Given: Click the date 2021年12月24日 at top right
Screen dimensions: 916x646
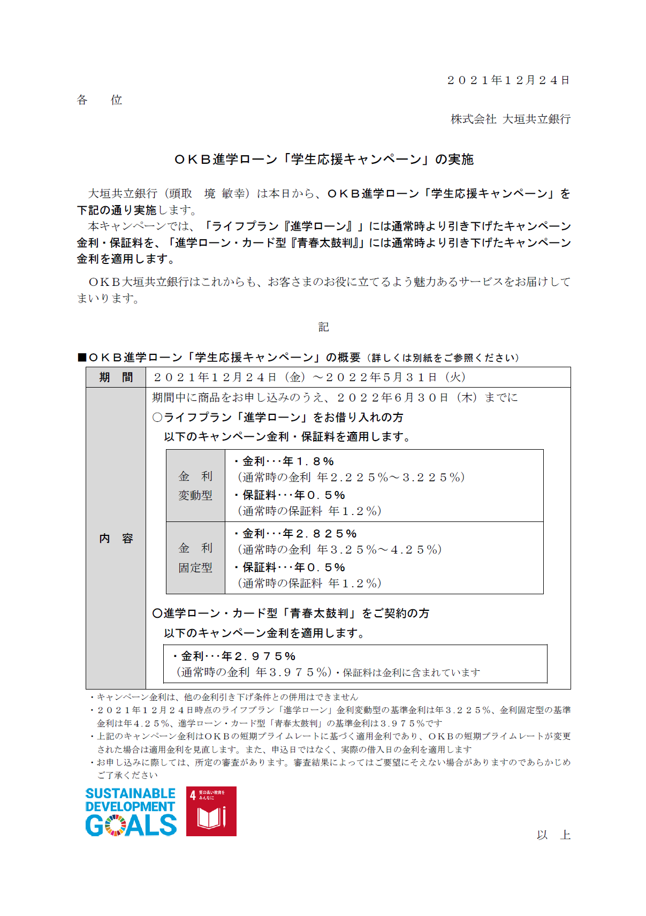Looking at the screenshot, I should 508,80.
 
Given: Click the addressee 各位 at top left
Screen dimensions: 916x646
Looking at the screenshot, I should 100,100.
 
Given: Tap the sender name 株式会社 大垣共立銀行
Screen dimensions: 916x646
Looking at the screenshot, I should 511,119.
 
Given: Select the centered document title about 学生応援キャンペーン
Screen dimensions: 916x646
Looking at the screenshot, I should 324,160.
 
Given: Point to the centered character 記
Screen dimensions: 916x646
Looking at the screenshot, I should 323,327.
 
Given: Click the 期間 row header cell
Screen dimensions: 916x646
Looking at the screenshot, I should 116,377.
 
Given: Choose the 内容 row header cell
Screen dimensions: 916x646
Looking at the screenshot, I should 116,538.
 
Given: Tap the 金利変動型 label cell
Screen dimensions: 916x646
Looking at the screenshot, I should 195,486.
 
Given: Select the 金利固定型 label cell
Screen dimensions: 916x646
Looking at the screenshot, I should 195,558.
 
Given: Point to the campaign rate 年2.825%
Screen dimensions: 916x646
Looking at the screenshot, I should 320,534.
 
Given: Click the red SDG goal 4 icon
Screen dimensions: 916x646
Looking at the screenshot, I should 211,811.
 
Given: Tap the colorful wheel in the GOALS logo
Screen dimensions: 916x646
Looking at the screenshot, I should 116,825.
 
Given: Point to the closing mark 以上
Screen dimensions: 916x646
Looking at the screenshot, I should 553,835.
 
